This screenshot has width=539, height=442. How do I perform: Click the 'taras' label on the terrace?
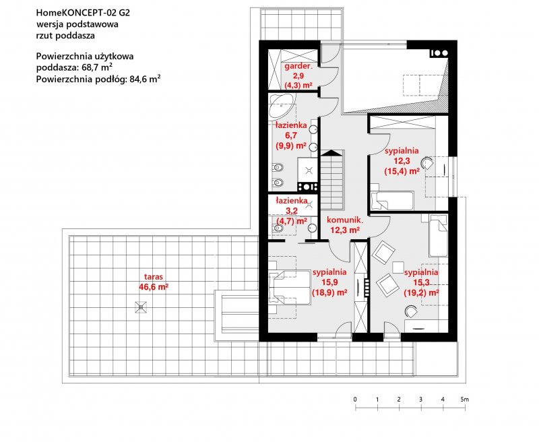154,277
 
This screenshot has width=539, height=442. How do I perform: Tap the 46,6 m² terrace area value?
154,287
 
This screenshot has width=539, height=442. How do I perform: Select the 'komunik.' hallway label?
345,220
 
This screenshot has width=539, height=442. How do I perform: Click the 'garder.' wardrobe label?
298,66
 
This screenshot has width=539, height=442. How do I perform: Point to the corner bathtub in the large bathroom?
280,106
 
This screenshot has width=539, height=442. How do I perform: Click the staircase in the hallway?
332,180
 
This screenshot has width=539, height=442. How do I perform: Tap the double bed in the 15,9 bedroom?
290,287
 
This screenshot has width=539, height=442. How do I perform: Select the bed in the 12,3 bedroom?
391,201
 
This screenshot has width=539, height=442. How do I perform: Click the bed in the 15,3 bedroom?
438,235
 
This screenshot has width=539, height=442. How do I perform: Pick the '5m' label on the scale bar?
465,400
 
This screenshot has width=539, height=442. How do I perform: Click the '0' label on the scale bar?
355,400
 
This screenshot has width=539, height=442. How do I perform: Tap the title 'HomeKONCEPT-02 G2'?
83,13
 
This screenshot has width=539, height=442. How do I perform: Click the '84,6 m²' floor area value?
145,79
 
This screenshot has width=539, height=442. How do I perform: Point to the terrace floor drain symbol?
141,307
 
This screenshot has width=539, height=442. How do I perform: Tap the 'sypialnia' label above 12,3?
402,150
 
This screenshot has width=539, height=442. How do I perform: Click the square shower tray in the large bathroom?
308,169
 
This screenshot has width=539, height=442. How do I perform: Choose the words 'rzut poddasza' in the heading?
65,36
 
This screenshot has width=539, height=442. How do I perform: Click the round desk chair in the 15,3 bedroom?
411,311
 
